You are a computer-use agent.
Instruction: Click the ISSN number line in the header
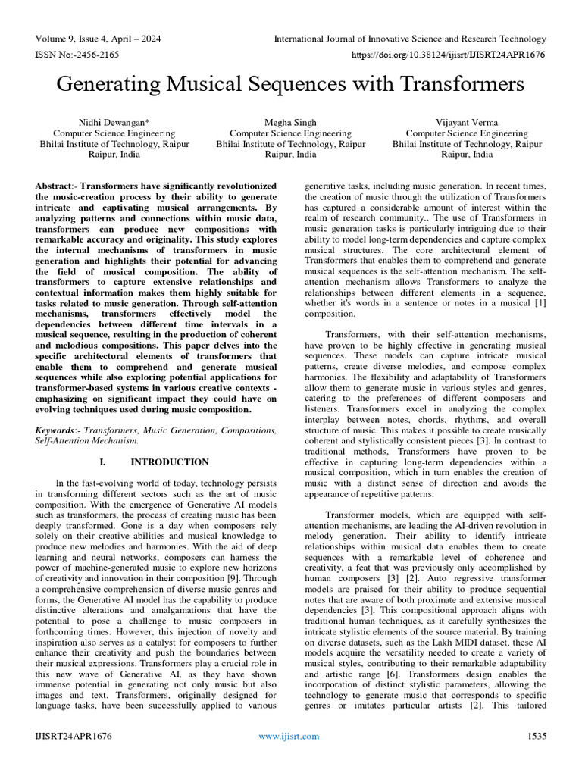(x=74, y=55)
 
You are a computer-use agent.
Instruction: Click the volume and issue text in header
(x=98, y=39)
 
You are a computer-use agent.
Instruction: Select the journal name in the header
(x=410, y=39)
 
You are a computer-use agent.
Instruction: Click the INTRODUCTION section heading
(x=170, y=462)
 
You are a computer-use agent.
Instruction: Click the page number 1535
(x=535, y=757)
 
